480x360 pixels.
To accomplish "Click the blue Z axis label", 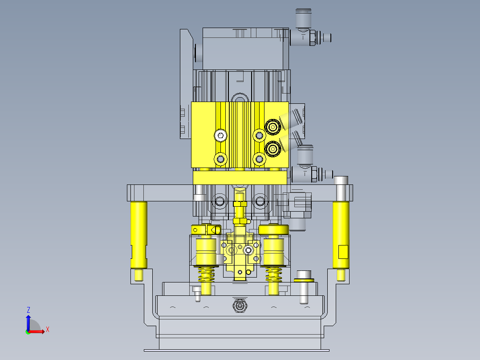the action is point(28,310).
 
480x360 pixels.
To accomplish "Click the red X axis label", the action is point(48,330).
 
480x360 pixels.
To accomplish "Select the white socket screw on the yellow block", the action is point(220,135).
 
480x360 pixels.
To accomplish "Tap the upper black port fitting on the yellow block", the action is point(273,127).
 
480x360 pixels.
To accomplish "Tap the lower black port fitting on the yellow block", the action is point(273,149).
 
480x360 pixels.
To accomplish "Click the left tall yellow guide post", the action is point(138,235).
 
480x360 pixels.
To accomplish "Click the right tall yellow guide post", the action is point(341,235).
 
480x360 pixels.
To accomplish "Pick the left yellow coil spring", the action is point(206,274).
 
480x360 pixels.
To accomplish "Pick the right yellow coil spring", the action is point(274,274).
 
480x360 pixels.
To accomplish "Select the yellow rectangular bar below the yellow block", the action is point(240,178).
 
